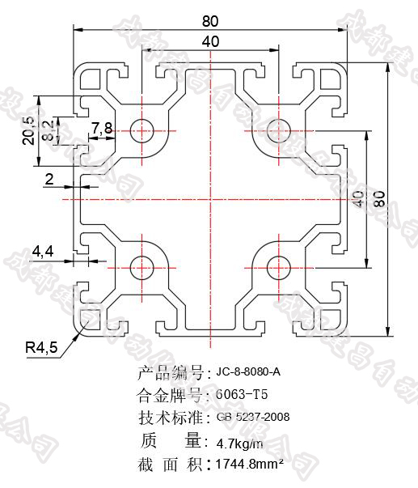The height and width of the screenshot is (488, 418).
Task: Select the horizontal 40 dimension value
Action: [x=209, y=41]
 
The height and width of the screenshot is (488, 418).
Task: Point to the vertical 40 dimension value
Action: [x=357, y=198]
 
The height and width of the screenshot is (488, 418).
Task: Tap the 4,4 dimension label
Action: [x=43, y=252]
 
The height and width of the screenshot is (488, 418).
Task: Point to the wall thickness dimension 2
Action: [x=49, y=180]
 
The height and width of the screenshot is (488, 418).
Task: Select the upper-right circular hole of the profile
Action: [x=277, y=129]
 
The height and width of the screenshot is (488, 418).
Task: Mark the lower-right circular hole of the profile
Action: [x=277, y=264]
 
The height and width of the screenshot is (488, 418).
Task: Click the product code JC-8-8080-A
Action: [x=248, y=373]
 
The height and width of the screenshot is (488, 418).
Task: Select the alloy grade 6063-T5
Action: [x=241, y=395]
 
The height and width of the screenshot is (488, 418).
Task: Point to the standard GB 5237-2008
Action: [x=252, y=418]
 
